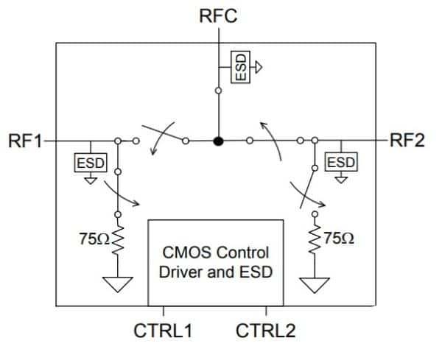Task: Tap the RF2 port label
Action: [407, 141]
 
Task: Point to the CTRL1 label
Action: [163, 331]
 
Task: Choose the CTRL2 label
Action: [265, 331]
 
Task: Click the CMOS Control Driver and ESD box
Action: [215, 261]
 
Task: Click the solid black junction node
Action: [218, 140]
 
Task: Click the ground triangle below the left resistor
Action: [116, 283]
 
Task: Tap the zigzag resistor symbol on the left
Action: [116, 239]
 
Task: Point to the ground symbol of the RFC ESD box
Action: [259, 66]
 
